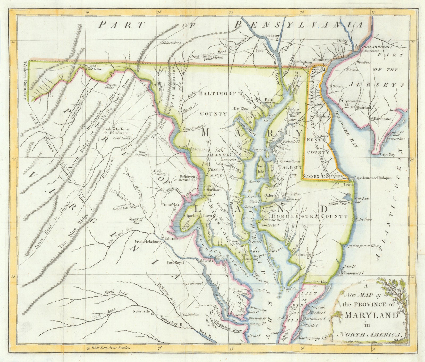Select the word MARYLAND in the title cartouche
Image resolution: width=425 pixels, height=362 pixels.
pos(371,315)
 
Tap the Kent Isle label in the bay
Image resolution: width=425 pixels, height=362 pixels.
pos(261,169)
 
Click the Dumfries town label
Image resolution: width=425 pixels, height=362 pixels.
pos(169,205)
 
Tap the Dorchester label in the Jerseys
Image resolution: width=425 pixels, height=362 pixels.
pos(382,119)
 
